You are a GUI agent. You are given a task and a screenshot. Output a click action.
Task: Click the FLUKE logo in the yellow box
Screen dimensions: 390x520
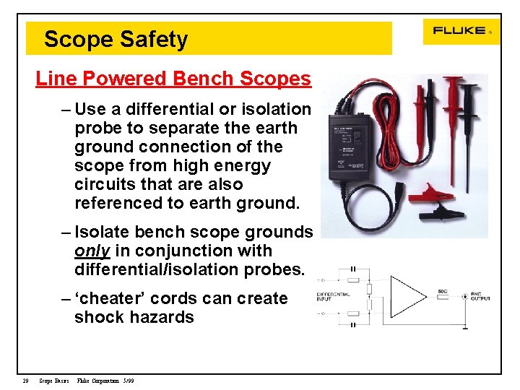pos(459,31)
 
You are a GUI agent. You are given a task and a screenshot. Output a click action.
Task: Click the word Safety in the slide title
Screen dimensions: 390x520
pos(157,40)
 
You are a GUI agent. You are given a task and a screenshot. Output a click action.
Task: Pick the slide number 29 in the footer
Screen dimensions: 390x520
pos(25,381)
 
